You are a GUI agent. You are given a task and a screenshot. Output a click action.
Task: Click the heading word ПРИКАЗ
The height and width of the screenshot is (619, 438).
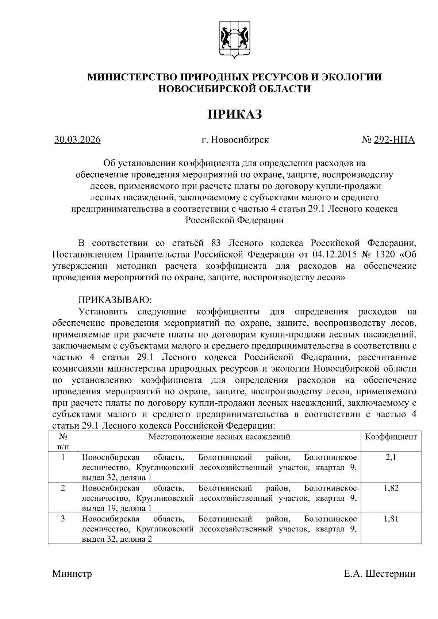235,115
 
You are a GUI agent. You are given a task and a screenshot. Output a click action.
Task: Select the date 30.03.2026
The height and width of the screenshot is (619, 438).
77,140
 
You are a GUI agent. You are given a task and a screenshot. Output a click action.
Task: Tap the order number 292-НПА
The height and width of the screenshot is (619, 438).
394,140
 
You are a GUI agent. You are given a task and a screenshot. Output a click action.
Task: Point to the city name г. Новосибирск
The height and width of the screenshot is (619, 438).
235,140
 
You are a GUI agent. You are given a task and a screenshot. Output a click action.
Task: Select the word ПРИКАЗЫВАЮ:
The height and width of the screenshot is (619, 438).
115,300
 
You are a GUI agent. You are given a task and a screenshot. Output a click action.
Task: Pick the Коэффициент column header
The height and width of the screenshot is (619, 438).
391,437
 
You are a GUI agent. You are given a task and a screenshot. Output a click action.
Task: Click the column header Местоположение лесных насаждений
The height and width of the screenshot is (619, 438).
219,437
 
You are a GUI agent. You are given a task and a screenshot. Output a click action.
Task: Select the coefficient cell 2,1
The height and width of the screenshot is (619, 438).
391,457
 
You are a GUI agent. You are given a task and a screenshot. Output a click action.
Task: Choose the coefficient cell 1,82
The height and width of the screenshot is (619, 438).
391,488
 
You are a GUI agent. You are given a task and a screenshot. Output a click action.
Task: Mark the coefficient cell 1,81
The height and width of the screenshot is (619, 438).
391,519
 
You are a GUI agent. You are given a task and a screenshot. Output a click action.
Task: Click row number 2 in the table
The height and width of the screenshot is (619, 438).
63,488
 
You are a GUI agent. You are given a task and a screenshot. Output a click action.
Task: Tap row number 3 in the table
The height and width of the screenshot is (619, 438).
63,519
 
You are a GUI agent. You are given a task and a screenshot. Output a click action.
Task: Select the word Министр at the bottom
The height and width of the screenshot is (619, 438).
72,574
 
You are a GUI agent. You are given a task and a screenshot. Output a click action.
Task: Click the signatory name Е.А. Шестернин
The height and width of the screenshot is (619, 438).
379,574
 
